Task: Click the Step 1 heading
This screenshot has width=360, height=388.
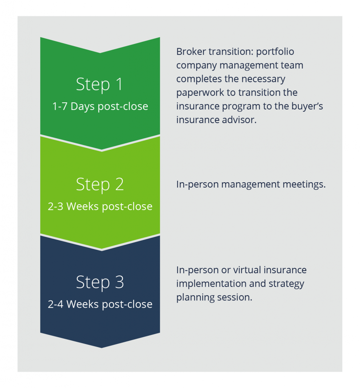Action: [100, 84]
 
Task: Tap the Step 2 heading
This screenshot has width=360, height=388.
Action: [100, 184]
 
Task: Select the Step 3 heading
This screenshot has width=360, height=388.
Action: [100, 283]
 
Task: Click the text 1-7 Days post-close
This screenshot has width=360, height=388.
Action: [100, 106]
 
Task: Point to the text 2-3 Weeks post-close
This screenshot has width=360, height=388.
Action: [100, 207]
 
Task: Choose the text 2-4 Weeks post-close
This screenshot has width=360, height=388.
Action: [100, 304]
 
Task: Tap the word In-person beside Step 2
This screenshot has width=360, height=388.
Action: [197, 185]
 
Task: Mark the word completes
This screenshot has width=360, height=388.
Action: [197, 79]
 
